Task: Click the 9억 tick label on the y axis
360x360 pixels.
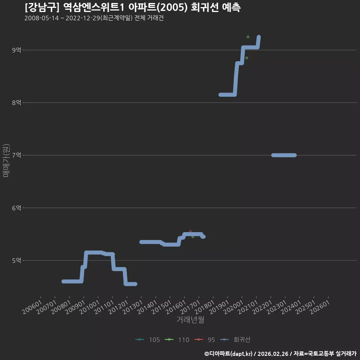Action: pos(16,50)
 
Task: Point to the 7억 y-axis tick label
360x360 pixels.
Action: pos(16,155)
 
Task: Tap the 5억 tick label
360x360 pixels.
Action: pos(16,261)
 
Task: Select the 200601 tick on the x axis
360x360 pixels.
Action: pos(32,307)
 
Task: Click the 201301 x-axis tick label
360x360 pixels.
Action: pos(133,307)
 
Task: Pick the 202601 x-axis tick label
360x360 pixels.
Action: pos(320,307)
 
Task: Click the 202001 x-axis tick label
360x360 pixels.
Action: pos(234,307)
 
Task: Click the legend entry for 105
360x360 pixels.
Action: pos(148,340)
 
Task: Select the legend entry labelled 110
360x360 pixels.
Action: pos(177,340)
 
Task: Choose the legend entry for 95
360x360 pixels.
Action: pos(205,340)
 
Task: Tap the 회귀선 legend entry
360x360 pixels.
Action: pos(235,340)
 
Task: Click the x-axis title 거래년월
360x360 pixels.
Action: pos(190,319)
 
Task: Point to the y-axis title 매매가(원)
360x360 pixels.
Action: pos(6,160)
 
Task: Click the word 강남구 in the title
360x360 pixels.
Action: pos(42,7)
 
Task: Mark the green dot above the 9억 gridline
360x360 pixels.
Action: pos(248,37)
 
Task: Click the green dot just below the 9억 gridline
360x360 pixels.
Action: pos(247,58)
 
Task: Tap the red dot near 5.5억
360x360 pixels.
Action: pos(190,231)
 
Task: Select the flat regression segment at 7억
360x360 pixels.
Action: pos(284,155)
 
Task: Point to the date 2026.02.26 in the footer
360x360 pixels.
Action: pos(273,354)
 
